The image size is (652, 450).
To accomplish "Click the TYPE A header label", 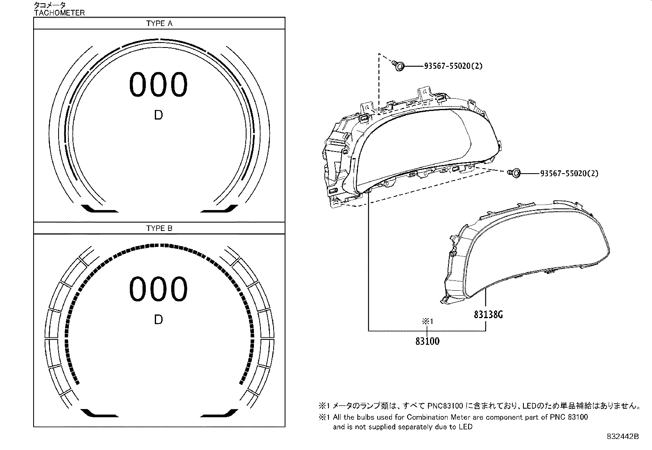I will tap(159, 24).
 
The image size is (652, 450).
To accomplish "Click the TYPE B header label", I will tap(159, 228).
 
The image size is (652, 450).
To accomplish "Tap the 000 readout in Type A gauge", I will tap(158, 85).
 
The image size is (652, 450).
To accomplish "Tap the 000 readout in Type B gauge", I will tap(158, 289).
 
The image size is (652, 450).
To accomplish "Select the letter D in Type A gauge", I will tap(158, 115).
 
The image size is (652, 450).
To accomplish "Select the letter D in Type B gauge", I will tap(158, 319).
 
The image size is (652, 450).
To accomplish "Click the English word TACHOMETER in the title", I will tap(59, 13).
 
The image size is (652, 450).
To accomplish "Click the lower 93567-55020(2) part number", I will tap(569, 173).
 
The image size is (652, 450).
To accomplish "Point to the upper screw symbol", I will tap(398, 66).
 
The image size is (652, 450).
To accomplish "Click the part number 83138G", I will tap(488, 314).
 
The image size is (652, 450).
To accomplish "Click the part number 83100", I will tap(427, 341).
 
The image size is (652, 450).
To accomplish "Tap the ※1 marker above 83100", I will tap(427, 322).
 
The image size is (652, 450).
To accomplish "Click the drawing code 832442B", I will tap(623, 437).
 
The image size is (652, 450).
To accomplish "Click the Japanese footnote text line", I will tap(479, 406).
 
